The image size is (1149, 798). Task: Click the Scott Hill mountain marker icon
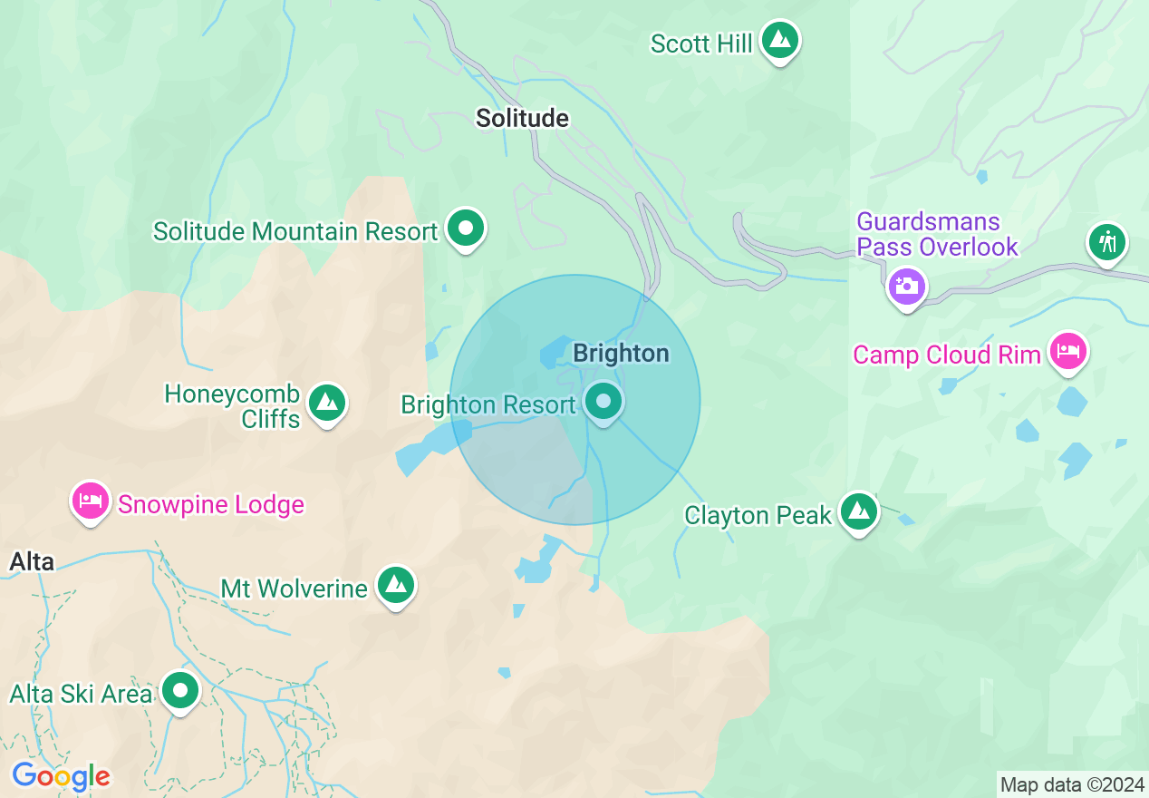click(x=779, y=40)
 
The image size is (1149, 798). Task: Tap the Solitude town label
click(x=522, y=118)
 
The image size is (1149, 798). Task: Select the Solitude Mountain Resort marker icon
click(x=466, y=228)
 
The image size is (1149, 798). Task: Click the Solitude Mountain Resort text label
click(x=295, y=231)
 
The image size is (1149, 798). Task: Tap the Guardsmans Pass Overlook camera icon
click(x=905, y=287)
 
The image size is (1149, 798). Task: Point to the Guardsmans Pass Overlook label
click(x=937, y=234)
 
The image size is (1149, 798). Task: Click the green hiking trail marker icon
click(x=1106, y=242)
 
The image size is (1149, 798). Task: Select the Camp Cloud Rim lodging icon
click(x=1068, y=351)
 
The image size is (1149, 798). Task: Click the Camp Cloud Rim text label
click(x=946, y=355)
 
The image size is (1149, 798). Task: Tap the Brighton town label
click(x=622, y=353)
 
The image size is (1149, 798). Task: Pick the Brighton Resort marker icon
click(x=603, y=400)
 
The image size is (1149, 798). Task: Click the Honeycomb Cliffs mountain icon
click(x=326, y=402)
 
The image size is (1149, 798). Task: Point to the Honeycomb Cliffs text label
click(x=233, y=406)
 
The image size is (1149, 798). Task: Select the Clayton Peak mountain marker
click(x=858, y=511)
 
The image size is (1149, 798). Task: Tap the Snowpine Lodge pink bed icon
click(x=91, y=501)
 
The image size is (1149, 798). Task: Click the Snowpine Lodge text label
click(x=211, y=504)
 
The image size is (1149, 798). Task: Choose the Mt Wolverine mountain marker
click(x=396, y=585)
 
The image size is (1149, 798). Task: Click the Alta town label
click(x=32, y=561)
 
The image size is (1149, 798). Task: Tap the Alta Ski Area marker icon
click(x=179, y=691)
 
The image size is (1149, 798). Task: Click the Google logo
click(x=61, y=776)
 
